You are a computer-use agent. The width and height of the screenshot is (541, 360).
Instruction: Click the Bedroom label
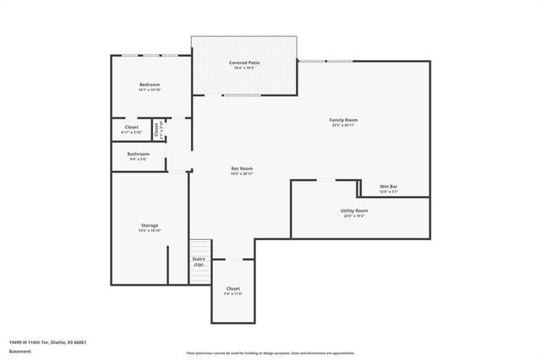[150, 85]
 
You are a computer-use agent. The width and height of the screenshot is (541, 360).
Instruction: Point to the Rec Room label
[242, 168]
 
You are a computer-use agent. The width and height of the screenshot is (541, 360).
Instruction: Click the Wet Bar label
[389, 187]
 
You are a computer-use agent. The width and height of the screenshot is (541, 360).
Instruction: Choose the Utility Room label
[355, 210]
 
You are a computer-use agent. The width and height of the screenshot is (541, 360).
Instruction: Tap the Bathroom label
[138, 154]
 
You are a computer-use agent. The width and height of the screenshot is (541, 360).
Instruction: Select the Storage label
[150, 226]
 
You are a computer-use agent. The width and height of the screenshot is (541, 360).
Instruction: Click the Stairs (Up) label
[199, 262]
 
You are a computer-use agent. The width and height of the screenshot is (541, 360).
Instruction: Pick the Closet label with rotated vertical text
[156, 129]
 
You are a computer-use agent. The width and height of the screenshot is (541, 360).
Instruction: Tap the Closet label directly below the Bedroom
[132, 128]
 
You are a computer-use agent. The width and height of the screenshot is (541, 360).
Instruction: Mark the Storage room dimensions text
[150, 231]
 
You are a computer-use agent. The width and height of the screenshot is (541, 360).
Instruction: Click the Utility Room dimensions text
[355, 215]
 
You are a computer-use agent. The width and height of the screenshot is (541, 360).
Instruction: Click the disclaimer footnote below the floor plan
[270, 352]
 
